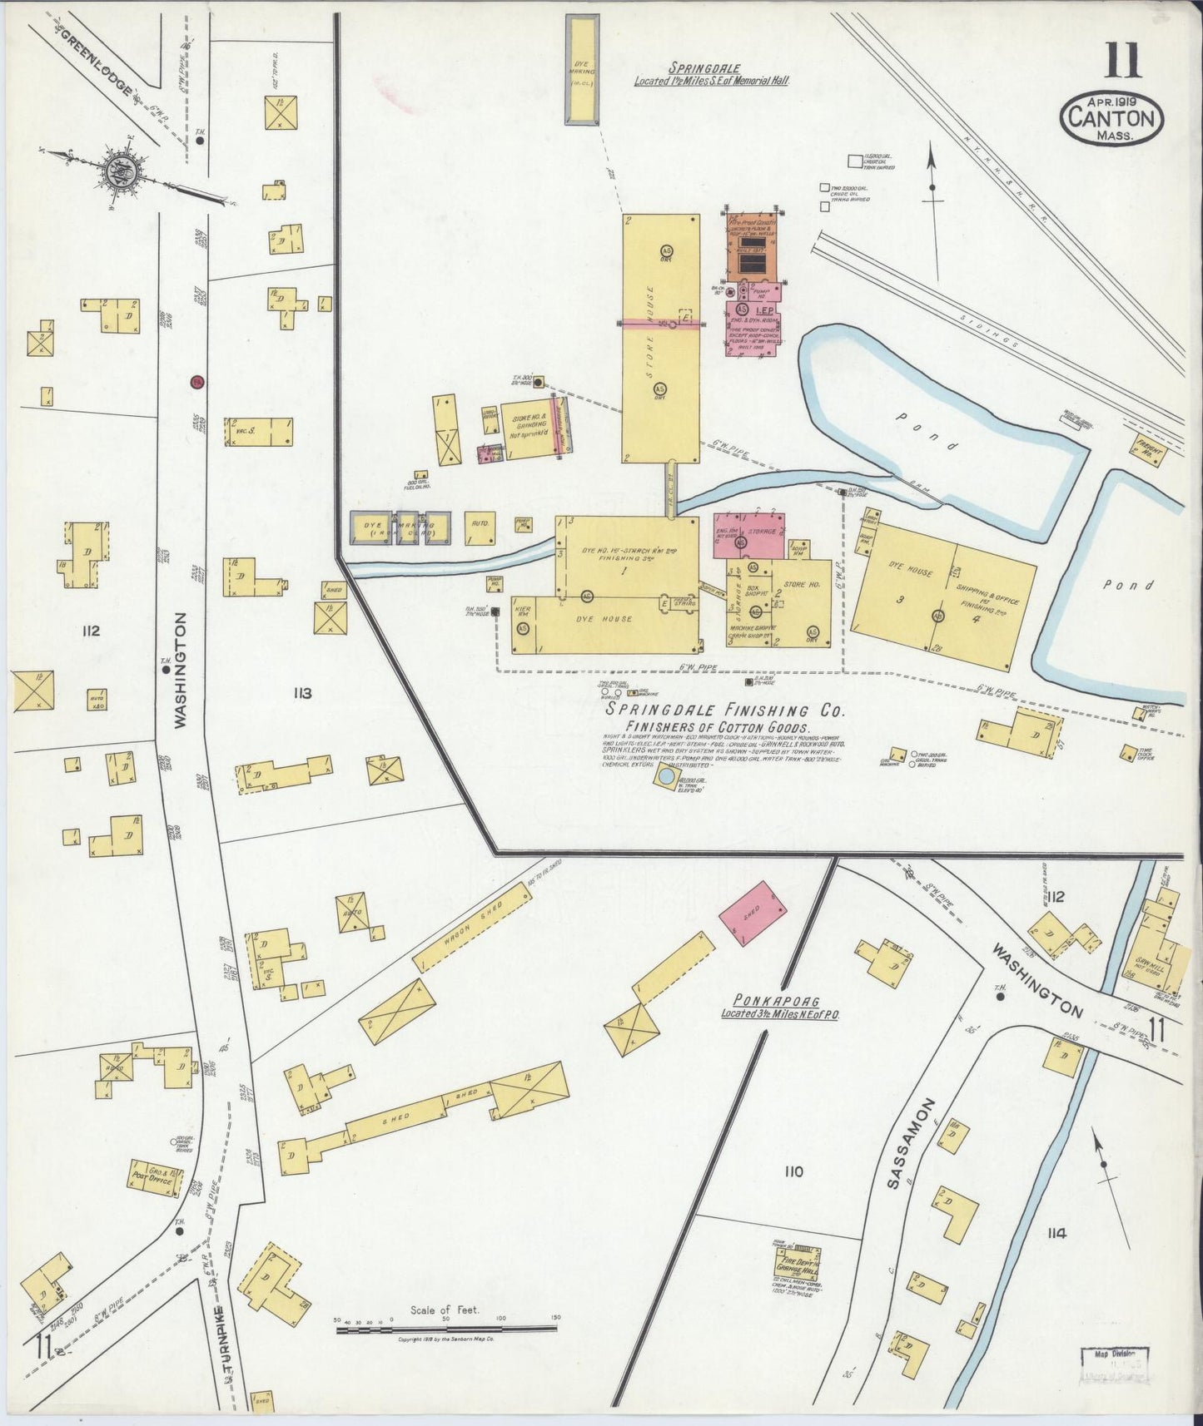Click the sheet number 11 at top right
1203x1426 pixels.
(x=1124, y=62)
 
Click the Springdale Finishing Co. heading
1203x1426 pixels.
(x=725, y=711)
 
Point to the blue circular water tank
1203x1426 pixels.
(x=665, y=778)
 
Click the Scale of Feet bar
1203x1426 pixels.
(x=445, y=1329)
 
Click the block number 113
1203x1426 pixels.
(x=301, y=693)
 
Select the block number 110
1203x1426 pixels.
(x=793, y=1171)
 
